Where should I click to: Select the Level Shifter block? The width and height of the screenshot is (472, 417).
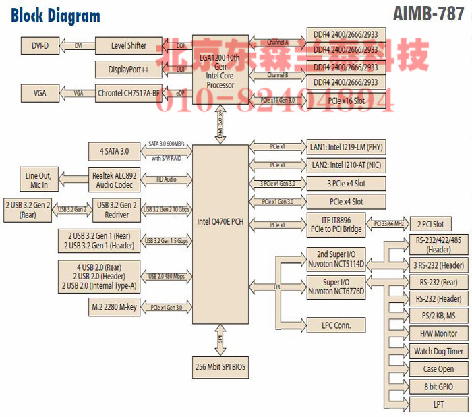click(127, 46)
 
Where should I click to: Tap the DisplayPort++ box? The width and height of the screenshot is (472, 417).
click(127, 69)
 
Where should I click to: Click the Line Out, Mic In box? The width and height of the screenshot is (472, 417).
click(41, 179)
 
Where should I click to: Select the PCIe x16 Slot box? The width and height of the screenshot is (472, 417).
click(347, 101)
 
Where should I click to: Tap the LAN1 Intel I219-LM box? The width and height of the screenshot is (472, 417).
click(347, 146)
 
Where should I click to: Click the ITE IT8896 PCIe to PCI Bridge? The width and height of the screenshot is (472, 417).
click(336, 224)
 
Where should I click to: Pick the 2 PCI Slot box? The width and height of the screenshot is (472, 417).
click(429, 224)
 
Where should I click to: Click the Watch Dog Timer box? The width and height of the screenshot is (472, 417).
click(438, 351)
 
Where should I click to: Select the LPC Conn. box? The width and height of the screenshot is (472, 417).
click(334, 325)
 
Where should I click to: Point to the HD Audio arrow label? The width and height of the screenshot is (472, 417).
click(166, 179)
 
